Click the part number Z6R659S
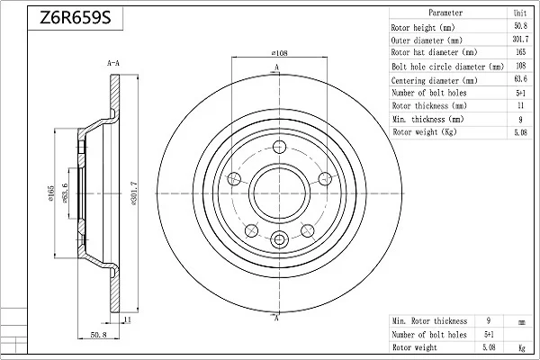76,17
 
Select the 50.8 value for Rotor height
520,26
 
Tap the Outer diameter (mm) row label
427,40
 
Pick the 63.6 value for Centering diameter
520,79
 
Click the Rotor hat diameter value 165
521,52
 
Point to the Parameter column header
445,13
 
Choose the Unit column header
520,13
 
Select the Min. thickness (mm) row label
428,119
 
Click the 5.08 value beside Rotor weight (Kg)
520,132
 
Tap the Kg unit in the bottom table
522,348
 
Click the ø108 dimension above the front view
279,53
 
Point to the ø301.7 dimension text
134,193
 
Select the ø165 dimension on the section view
51,193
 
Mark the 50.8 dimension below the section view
98,335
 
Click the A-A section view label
113,63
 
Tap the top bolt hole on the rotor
279,147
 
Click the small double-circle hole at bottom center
279,239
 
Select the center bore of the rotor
279,193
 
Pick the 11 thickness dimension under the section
128,319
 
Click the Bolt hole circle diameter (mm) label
447,66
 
